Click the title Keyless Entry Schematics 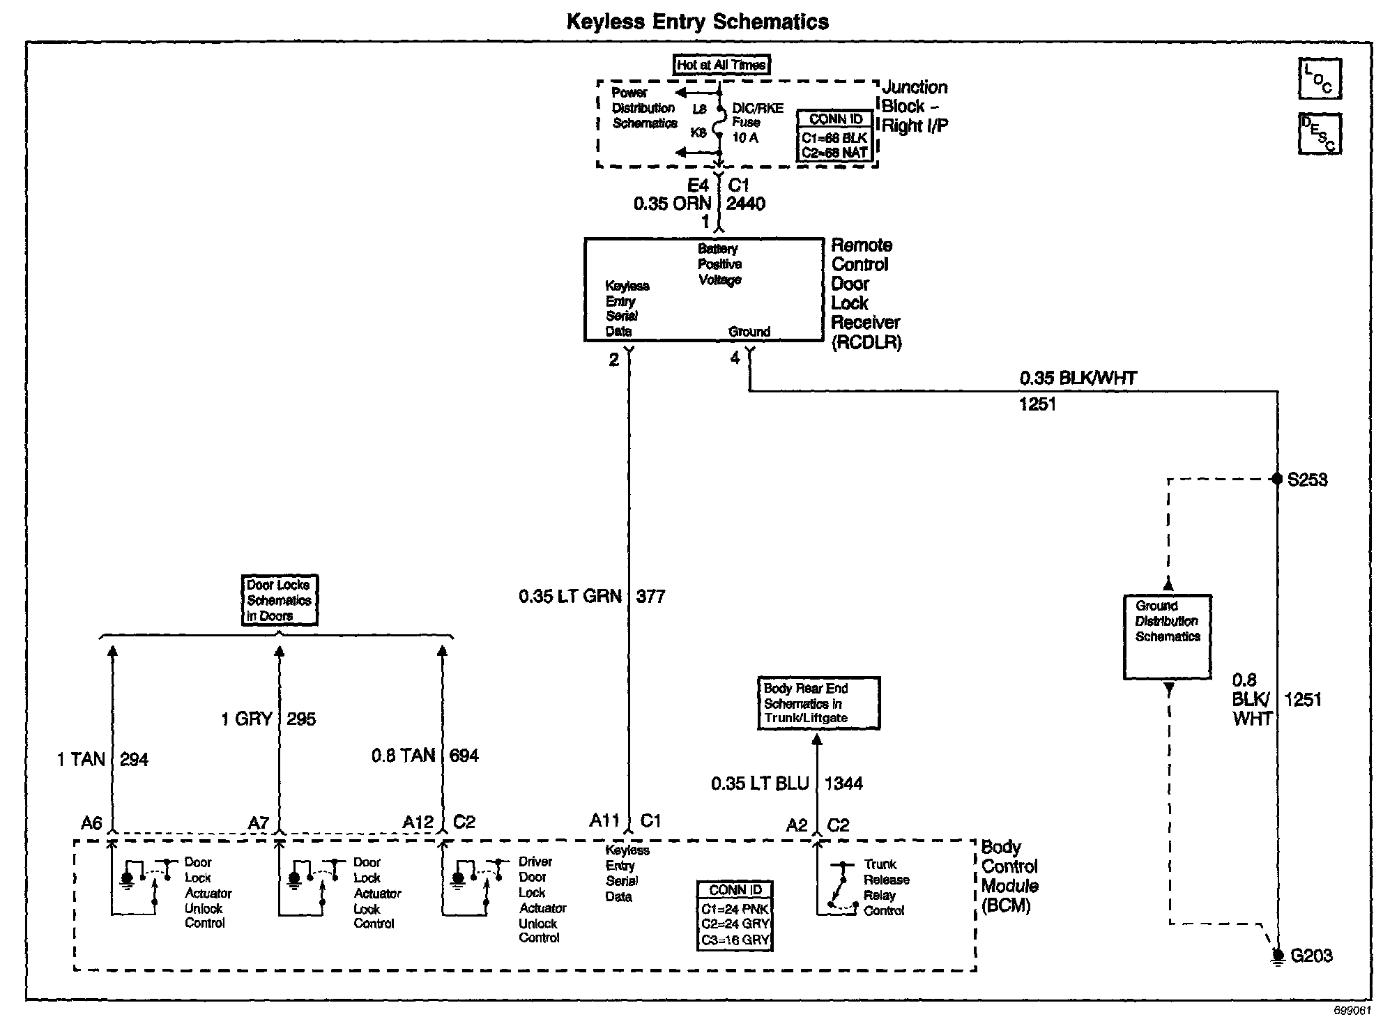pyautogui.click(x=697, y=22)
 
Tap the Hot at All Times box pyautogui.click(x=721, y=65)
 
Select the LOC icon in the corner pyautogui.click(x=1319, y=79)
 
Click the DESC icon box pyautogui.click(x=1319, y=134)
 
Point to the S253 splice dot pyautogui.click(x=1277, y=479)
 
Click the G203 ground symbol pyautogui.click(x=1277, y=956)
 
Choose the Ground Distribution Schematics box pyautogui.click(x=1168, y=636)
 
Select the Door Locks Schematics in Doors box pyautogui.click(x=279, y=600)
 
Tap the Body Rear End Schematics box pyautogui.click(x=818, y=703)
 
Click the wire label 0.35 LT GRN pyautogui.click(x=570, y=597)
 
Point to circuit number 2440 pyautogui.click(x=745, y=204)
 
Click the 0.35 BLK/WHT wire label pyautogui.click(x=1078, y=378)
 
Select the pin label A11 pyautogui.click(x=604, y=821)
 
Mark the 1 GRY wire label pyautogui.click(x=246, y=719)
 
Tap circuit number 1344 pyautogui.click(x=843, y=783)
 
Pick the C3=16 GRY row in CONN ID pyautogui.click(x=735, y=940)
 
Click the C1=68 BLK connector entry pyautogui.click(x=834, y=138)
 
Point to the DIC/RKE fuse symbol pyautogui.click(x=719, y=122)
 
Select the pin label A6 pyautogui.click(x=91, y=823)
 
